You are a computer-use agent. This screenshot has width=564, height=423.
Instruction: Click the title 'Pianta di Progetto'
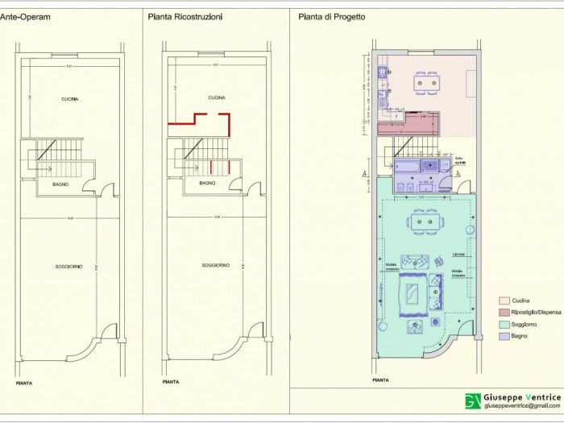point(330,15)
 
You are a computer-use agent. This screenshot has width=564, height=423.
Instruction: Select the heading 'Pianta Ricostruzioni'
point(185,15)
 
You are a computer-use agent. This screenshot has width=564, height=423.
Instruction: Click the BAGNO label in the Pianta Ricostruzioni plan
point(207,184)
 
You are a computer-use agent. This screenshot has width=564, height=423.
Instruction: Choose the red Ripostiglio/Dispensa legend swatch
point(504,311)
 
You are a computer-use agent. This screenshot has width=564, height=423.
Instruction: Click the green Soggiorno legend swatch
point(504,323)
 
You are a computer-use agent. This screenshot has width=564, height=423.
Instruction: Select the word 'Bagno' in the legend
point(520,335)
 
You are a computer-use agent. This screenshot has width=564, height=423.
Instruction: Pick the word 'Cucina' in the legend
point(521,300)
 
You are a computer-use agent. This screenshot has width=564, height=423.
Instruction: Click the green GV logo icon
point(472,401)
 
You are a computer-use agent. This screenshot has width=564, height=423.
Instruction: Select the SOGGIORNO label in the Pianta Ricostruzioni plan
point(215,265)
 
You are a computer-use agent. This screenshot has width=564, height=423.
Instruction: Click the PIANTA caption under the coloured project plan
point(381,379)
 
